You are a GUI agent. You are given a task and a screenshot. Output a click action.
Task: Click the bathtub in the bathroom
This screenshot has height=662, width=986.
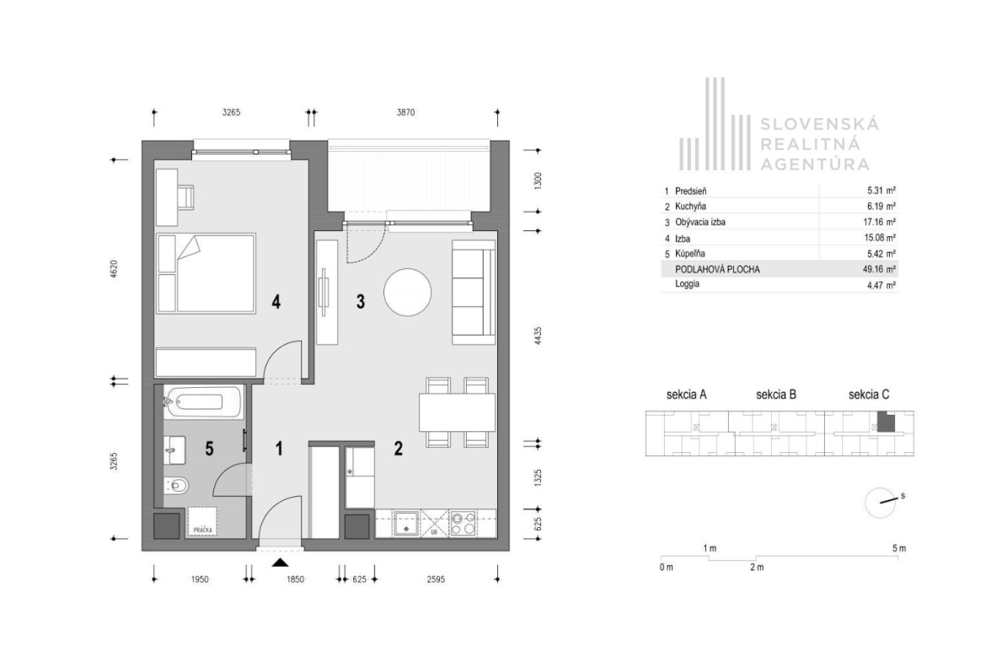202,402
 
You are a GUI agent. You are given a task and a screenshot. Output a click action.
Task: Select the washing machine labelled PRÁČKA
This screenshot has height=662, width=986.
202,522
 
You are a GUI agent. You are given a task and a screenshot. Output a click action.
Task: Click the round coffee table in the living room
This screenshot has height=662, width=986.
408,293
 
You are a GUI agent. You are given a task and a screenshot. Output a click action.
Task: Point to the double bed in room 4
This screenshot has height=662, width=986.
206,274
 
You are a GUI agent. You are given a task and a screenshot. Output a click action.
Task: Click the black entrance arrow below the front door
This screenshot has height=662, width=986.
281,562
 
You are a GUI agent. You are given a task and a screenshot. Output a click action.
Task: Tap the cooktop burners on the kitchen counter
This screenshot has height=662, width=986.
464,524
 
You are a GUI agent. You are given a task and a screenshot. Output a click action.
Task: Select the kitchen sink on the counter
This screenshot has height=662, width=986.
406,524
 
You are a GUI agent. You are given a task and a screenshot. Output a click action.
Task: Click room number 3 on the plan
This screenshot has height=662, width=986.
361,301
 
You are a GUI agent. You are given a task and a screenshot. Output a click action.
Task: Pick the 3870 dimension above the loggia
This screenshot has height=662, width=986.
405,113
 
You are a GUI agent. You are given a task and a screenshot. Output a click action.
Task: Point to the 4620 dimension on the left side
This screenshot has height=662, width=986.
114,269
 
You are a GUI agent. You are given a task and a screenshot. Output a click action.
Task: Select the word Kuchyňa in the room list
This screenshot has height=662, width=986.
690,207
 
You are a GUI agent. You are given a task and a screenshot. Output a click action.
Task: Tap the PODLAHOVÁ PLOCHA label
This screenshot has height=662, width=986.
717,269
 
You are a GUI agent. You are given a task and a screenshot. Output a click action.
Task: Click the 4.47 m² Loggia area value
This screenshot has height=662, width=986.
882,285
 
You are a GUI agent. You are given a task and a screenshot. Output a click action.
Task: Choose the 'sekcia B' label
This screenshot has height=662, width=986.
776,395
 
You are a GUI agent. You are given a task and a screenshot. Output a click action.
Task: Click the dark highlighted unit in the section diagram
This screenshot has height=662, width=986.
886,422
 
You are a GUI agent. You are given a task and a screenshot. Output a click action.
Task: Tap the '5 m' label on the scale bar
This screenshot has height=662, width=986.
899,548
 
